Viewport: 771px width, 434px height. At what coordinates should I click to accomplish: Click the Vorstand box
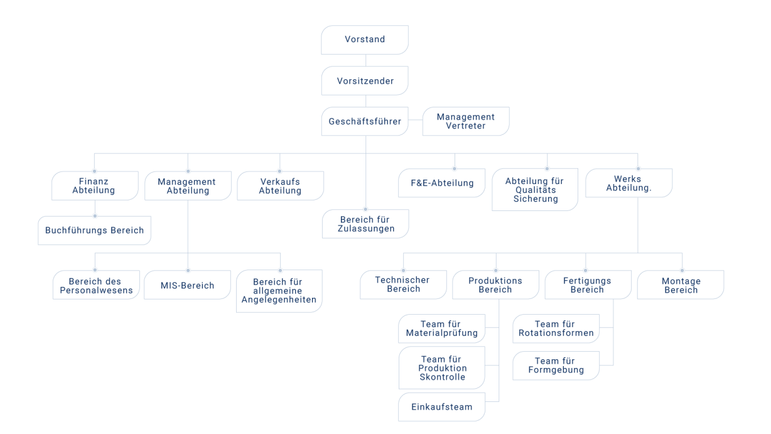(365, 40)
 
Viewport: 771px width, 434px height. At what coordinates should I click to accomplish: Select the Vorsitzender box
(365, 80)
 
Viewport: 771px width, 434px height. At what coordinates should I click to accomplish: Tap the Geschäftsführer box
(365, 121)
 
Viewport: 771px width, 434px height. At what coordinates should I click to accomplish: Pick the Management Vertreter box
(466, 121)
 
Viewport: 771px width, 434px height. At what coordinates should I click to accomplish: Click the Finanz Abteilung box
(95, 186)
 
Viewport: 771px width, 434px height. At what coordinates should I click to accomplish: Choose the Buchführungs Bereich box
(94, 231)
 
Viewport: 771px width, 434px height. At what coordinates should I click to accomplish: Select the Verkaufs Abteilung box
(280, 186)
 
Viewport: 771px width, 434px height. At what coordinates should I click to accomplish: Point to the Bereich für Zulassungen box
(365, 224)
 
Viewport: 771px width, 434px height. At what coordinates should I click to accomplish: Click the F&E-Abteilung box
(441, 183)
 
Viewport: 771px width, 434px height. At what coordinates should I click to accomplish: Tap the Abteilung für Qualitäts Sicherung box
(535, 190)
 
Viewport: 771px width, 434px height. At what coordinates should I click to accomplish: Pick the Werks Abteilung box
(629, 183)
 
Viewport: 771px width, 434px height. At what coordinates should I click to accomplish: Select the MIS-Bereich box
(187, 285)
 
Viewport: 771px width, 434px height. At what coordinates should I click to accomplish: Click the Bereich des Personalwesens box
(96, 285)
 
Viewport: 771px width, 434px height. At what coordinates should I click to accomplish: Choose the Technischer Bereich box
(404, 285)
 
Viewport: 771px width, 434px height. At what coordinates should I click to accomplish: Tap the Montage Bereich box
(681, 285)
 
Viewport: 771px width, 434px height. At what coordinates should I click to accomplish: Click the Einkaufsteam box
(441, 407)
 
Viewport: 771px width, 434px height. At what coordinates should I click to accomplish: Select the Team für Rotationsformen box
(556, 328)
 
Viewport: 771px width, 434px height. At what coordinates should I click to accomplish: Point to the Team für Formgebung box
(556, 366)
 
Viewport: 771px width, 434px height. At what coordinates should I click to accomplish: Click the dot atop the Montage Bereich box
(682, 271)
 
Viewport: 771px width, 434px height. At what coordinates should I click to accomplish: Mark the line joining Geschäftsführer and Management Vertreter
(416, 120)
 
